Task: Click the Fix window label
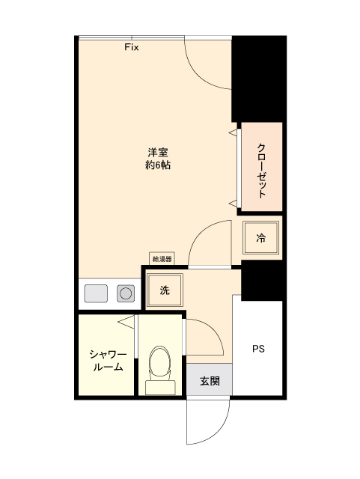[x=132, y=46]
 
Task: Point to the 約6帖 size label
[x=157, y=166]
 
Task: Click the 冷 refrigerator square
[x=261, y=239]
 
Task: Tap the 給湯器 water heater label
[x=162, y=259]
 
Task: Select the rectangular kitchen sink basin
[x=97, y=293]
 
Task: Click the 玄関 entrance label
[x=210, y=381]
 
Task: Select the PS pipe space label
[x=258, y=349]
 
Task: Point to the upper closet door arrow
[x=232, y=133]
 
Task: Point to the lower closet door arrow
[x=232, y=203]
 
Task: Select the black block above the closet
[x=258, y=79]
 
